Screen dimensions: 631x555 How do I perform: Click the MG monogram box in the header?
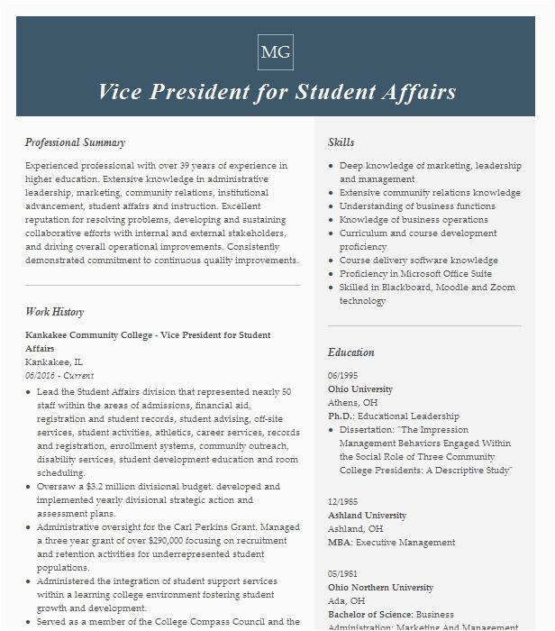coord(276,52)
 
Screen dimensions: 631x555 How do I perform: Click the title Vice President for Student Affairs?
coord(277,92)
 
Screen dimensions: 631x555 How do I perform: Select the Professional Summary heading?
coord(75,142)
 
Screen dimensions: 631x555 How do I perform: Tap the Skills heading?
coord(341,142)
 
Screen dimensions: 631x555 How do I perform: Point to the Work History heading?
coord(54,312)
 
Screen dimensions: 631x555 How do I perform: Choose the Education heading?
coord(350,352)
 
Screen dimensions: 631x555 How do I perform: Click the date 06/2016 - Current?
coord(59,376)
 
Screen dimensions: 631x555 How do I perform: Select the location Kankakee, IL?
coord(54,362)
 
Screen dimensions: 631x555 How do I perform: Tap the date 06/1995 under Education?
coord(342,376)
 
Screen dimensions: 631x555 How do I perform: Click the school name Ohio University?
coord(360,389)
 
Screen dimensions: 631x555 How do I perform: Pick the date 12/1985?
coord(342,502)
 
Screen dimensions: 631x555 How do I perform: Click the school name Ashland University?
coord(367,516)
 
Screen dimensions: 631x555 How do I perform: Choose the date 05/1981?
coord(342,574)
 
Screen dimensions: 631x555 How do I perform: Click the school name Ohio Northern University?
coord(380,588)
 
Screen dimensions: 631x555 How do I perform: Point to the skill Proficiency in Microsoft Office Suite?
coord(415,274)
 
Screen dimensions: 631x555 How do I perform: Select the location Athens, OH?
coord(352,403)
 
